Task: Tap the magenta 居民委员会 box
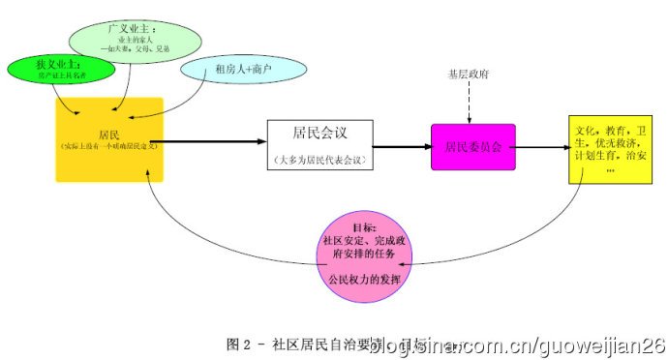[472, 147]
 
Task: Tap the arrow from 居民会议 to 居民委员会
[401, 147]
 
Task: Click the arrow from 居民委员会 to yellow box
[542, 148]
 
